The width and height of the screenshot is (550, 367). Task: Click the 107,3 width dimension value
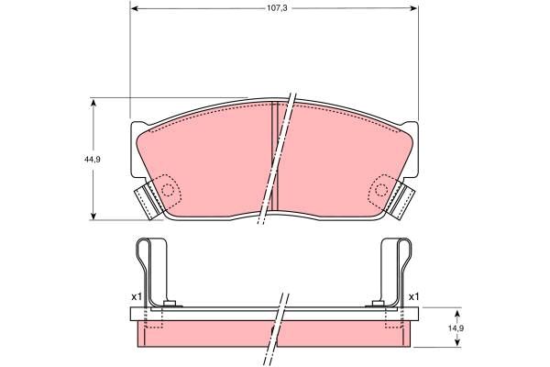[x=277, y=8]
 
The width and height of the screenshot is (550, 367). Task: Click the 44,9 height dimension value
[x=93, y=159]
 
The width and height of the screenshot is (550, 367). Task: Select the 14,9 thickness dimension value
[x=458, y=328]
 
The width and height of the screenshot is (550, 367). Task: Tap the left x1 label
[x=137, y=296]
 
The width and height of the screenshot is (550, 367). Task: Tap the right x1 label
[x=414, y=296]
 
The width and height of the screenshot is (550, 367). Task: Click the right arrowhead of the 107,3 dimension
[x=414, y=8]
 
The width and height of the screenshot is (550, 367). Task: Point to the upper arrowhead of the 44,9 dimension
[x=93, y=103]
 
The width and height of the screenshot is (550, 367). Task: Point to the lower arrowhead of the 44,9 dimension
[x=93, y=216]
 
